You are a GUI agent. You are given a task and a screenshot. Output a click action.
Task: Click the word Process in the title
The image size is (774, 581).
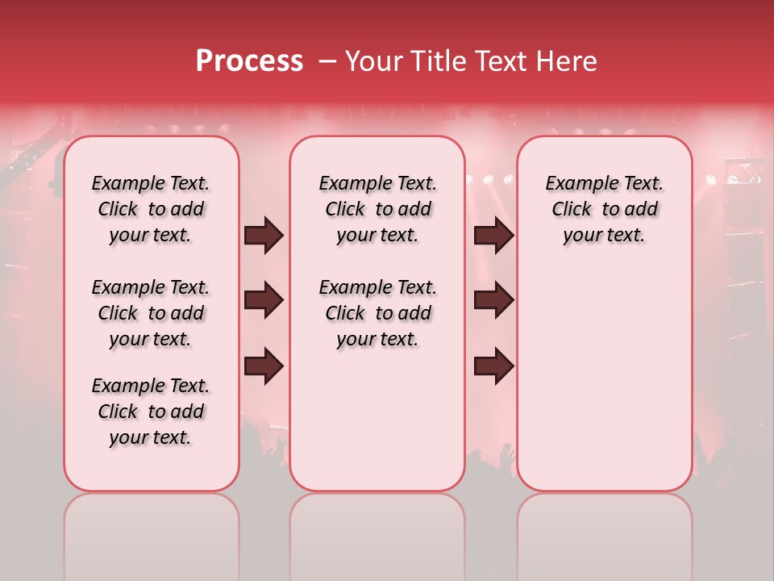click(249, 61)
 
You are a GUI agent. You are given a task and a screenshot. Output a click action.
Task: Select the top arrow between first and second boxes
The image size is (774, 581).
click(264, 236)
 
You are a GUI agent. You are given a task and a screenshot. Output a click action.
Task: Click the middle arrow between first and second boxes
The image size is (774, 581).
click(264, 301)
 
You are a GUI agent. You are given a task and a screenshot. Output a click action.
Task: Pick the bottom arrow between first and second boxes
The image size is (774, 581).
click(264, 366)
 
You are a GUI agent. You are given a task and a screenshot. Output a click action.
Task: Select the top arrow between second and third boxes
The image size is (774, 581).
click(493, 236)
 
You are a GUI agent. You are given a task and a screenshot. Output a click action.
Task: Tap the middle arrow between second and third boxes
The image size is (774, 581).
click(493, 301)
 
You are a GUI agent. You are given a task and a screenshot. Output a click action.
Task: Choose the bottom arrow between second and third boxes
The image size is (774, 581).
click(493, 366)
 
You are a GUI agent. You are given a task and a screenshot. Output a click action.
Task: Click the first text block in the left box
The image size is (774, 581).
click(151, 209)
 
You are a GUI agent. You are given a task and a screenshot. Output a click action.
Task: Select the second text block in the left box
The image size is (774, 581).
click(151, 313)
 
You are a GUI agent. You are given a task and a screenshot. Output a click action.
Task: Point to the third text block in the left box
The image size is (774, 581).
click(151, 412)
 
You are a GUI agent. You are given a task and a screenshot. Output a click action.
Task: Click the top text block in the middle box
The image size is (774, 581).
click(377, 209)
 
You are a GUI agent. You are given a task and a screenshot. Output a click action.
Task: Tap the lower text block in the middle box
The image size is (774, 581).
click(377, 313)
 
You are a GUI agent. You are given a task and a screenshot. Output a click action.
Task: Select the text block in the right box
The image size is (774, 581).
click(604, 209)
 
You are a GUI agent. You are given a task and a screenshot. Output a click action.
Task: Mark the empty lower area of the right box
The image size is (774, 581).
click(604, 379)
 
